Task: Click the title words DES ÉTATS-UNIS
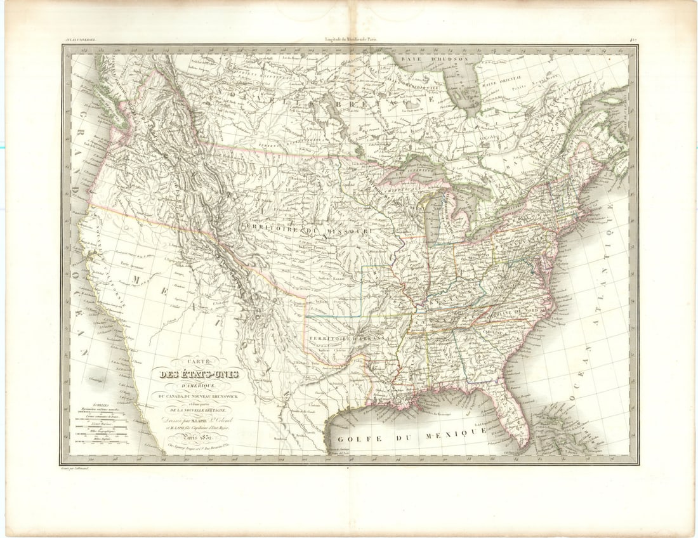pyautogui.click(x=200, y=374)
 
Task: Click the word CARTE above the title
pyautogui.click(x=199, y=360)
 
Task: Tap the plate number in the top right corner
pyautogui.click(x=633, y=41)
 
